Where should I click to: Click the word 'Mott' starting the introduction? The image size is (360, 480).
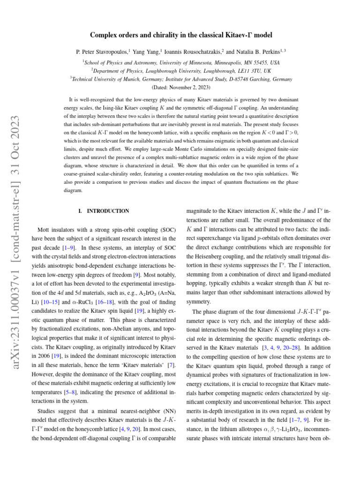click(x=44, y=230)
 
